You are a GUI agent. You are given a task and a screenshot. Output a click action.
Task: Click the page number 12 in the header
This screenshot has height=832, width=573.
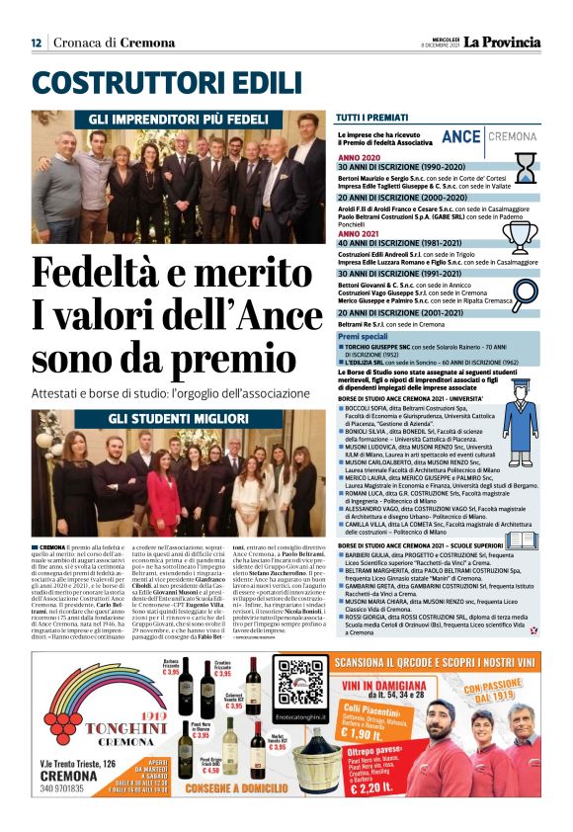(x=36, y=42)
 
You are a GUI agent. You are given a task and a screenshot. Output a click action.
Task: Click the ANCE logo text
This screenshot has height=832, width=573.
(x=461, y=136)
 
